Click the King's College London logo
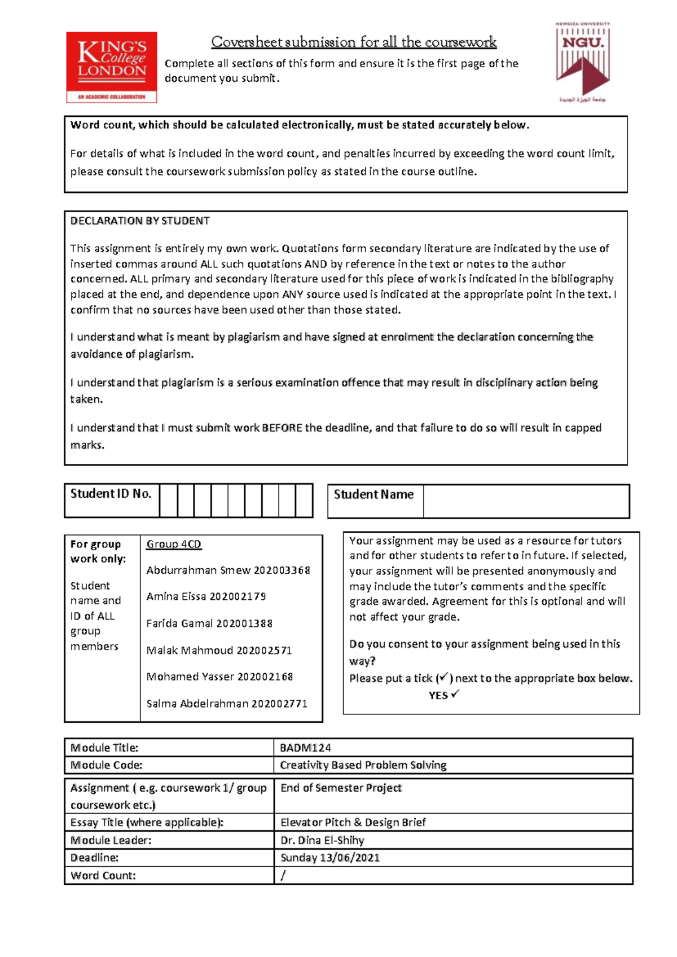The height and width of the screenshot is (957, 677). click(x=111, y=67)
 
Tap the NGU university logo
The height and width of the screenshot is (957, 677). click(x=583, y=62)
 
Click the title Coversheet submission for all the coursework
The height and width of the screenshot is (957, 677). click(x=354, y=42)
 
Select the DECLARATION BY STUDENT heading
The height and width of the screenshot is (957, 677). click(x=140, y=221)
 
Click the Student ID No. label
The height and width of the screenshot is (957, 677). click(x=111, y=494)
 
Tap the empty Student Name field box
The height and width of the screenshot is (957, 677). click(x=526, y=501)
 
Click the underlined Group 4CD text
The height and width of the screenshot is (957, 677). click(x=174, y=544)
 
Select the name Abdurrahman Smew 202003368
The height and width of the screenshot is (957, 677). click(x=228, y=570)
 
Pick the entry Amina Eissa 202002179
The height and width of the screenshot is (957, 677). click(x=206, y=596)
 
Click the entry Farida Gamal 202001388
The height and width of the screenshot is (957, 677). click(x=209, y=624)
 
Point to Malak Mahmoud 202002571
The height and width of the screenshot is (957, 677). click(x=219, y=650)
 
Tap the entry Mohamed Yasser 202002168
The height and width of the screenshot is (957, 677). click(x=219, y=677)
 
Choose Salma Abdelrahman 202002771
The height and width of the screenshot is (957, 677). click(x=227, y=704)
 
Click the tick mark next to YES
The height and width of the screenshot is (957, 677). click(x=455, y=693)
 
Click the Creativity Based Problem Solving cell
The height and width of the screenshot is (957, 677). click(x=363, y=765)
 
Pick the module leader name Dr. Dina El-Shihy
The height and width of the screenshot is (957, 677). click(x=322, y=840)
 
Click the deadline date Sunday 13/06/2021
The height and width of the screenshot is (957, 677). click(x=329, y=858)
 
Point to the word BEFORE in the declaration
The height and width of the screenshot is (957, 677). click(x=282, y=428)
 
